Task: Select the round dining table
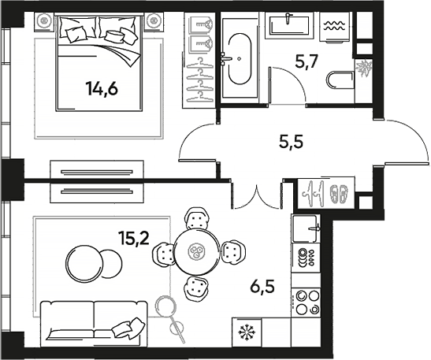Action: coord(197,252)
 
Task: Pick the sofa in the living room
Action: coord(92,323)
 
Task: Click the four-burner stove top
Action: coord(306,303)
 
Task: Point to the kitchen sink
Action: coord(305,230)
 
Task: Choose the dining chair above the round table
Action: coord(197,217)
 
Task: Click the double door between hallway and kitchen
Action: coord(257,192)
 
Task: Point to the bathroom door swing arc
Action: coord(287,89)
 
